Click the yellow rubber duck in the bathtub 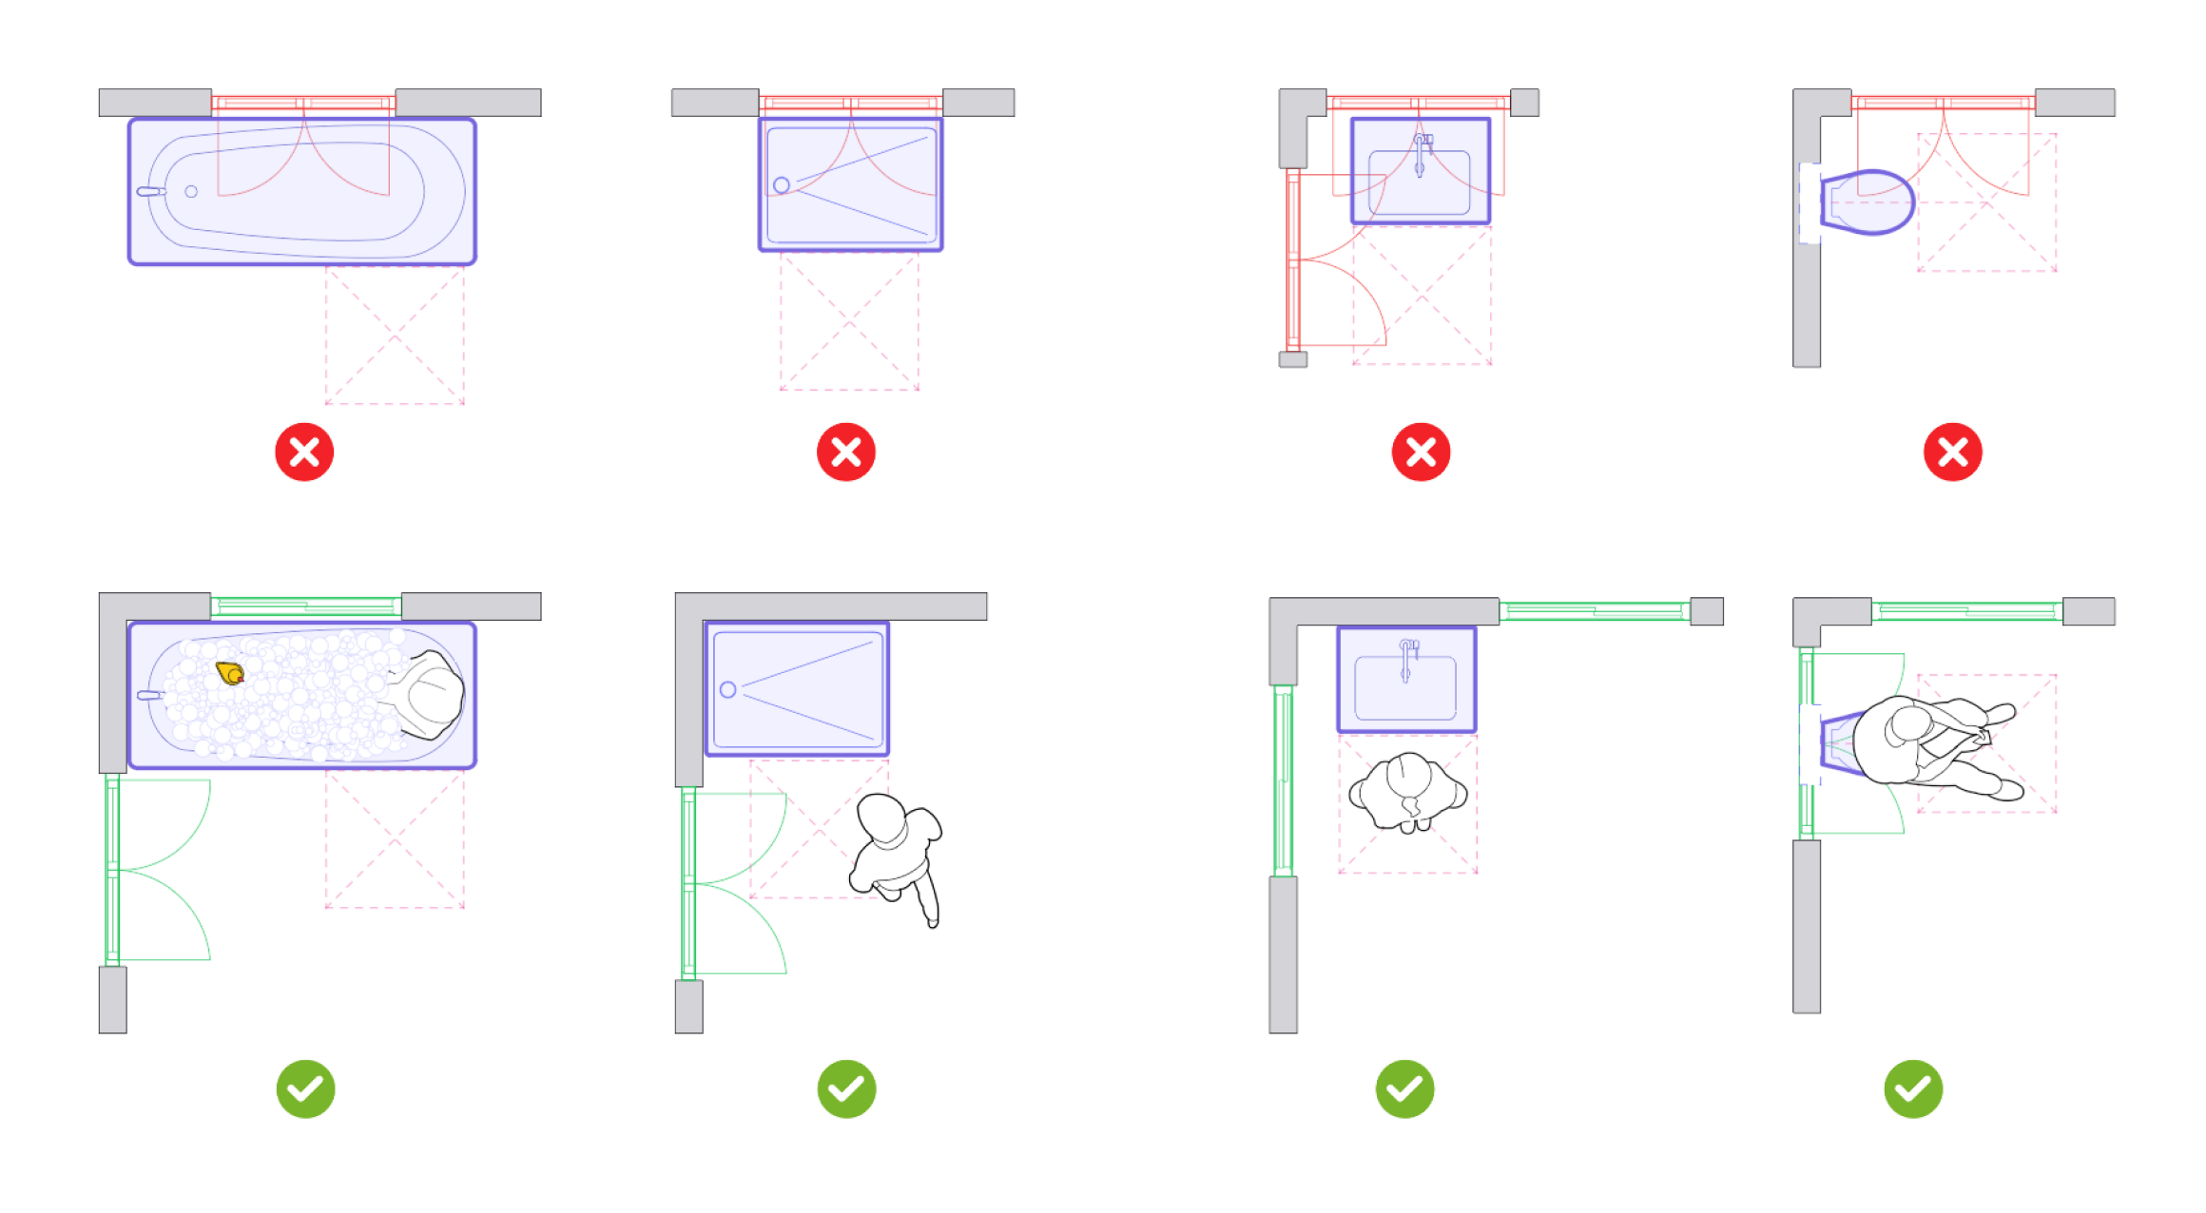click(230, 673)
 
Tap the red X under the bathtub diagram click(304, 452)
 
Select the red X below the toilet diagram click(1952, 452)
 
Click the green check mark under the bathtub click(305, 1088)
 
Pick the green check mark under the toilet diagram click(1913, 1088)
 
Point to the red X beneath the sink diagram click(1421, 452)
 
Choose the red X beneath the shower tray click(845, 452)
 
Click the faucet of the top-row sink click(1420, 152)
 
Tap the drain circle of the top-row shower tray click(782, 184)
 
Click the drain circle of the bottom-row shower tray click(728, 689)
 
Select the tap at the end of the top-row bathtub click(150, 191)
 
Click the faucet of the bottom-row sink click(1406, 658)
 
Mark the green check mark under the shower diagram click(846, 1088)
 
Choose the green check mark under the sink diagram click(1404, 1088)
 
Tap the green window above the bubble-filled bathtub click(305, 606)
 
